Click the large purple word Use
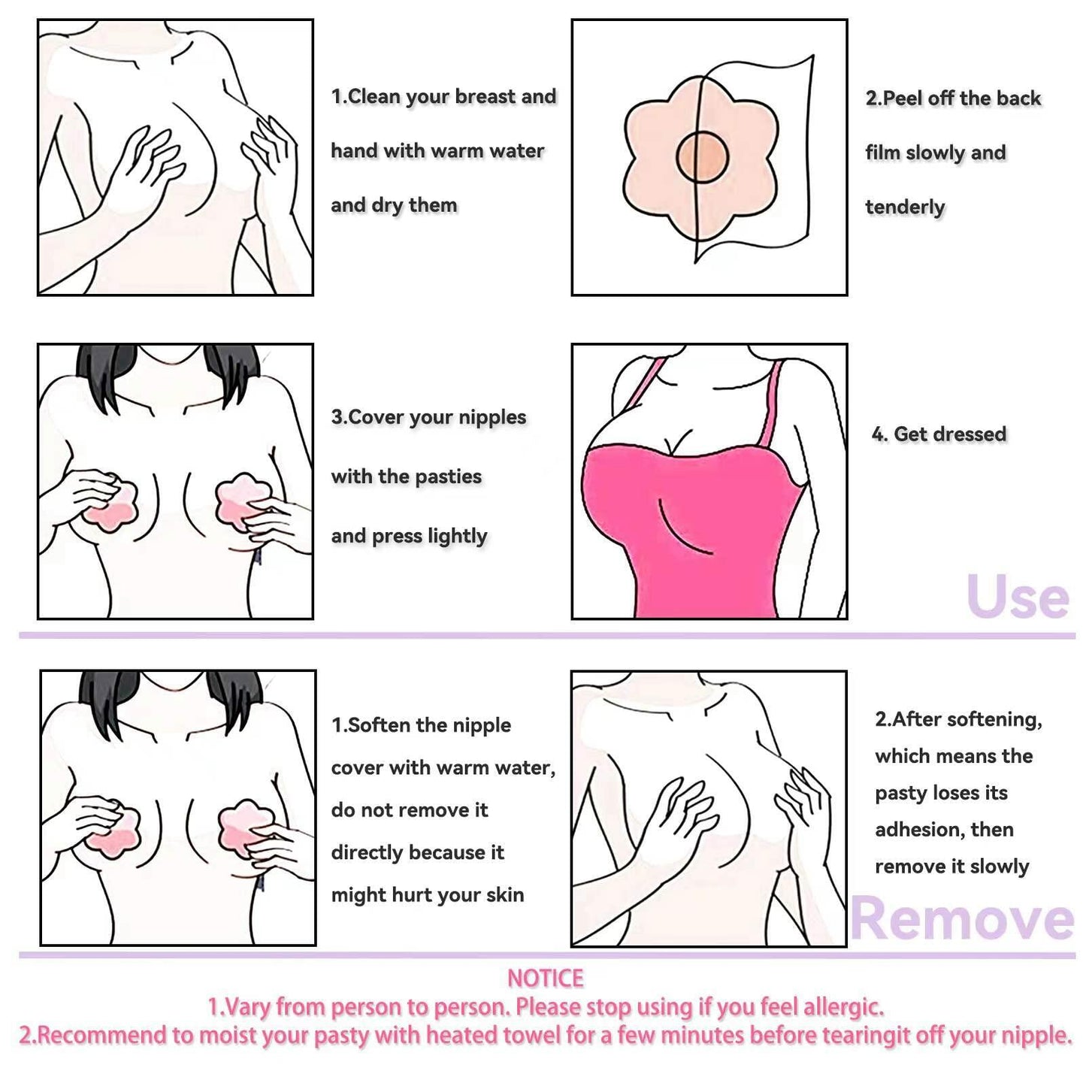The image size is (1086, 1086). point(1018,597)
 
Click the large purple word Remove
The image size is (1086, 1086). point(963,919)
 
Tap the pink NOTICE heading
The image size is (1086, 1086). point(545,978)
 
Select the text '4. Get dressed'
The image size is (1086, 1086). point(939,434)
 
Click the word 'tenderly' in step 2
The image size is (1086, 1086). point(905,207)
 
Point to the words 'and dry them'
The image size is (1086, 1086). point(394,205)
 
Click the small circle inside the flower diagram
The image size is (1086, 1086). point(702,156)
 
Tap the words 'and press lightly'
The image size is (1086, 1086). point(409,536)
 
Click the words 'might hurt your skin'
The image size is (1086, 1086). point(427,895)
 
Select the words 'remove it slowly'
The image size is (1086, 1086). point(951,867)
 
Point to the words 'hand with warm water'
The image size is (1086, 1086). point(437,150)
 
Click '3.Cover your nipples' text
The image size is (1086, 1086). point(428,417)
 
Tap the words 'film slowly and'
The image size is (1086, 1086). point(935,153)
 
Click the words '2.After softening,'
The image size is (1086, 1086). point(958,719)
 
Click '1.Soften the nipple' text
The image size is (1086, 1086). point(421,725)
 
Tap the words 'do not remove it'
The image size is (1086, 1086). point(409,810)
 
